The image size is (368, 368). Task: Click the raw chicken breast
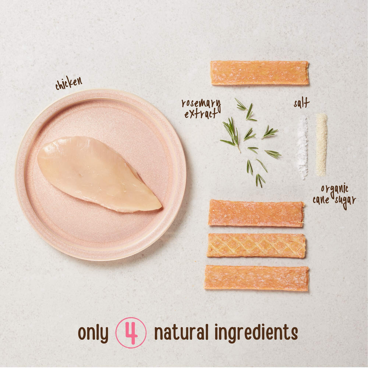click(x=99, y=174)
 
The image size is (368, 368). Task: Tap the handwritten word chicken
click(x=69, y=83)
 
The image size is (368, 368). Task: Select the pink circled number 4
click(x=131, y=333)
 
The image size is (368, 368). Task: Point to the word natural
click(x=181, y=332)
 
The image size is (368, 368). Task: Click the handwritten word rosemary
click(x=201, y=104)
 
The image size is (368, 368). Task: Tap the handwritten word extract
click(x=201, y=114)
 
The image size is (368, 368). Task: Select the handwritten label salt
click(x=302, y=103)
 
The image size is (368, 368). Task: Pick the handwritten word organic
click(x=335, y=189)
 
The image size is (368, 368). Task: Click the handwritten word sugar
click(x=346, y=201)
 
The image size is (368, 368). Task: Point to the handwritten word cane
click(x=321, y=200)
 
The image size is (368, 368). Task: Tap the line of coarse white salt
click(x=302, y=148)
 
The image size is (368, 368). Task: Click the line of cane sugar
click(x=321, y=145)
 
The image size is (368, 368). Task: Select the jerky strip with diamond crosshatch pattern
click(x=256, y=245)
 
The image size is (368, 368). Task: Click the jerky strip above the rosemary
click(x=259, y=73)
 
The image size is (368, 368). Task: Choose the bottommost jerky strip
click(x=256, y=278)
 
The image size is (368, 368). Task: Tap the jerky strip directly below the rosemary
click(x=256, y=213)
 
